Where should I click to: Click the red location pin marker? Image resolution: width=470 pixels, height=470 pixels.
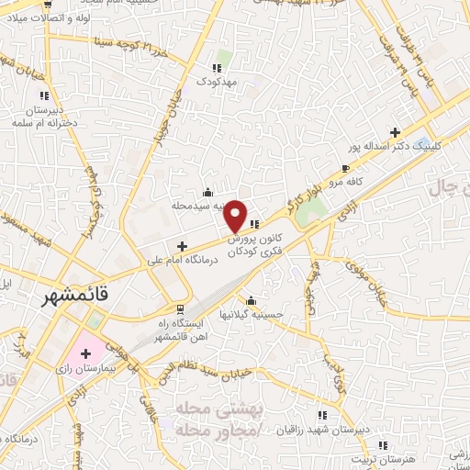point(236,216)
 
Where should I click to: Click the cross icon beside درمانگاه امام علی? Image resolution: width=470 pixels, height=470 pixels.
point(182,246)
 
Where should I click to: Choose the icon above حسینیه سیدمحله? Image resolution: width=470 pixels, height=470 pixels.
point(208,192)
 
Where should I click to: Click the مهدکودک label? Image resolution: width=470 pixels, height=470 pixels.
point(218,82)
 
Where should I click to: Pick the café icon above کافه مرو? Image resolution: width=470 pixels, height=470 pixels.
point(344,168)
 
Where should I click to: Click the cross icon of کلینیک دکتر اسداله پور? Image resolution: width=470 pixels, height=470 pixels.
point(395,131)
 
